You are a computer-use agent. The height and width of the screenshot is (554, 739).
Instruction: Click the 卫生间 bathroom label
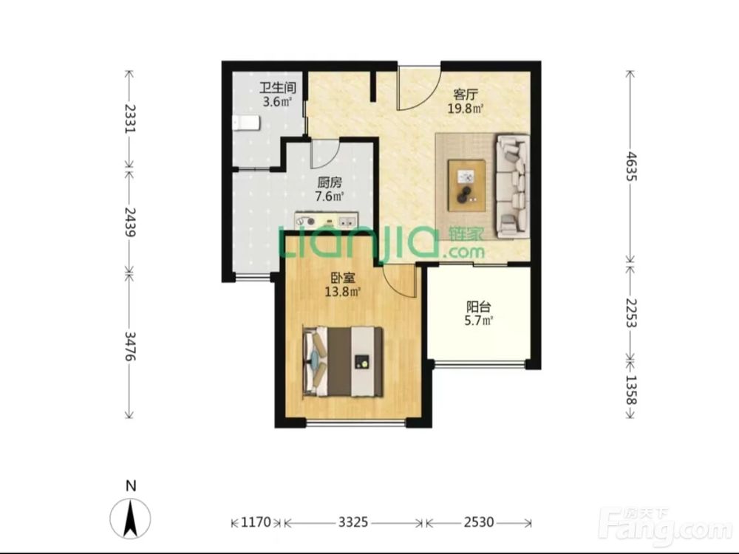278,88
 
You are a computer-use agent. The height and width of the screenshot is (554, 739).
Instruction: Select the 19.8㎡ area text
466,109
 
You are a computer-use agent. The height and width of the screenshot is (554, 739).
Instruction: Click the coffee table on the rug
466,185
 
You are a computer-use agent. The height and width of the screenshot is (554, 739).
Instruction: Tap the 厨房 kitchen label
330,182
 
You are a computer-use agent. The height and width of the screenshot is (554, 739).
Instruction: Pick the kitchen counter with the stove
326,220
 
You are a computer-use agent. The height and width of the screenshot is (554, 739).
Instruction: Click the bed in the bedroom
343,362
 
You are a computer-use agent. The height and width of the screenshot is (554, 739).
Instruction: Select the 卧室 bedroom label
343,278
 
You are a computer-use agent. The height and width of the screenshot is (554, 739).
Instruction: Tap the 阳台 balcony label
478,307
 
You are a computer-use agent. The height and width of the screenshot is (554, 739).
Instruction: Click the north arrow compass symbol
131,517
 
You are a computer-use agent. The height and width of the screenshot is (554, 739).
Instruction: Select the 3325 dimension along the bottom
353,522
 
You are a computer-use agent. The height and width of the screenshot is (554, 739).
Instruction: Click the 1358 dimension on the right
630,389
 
